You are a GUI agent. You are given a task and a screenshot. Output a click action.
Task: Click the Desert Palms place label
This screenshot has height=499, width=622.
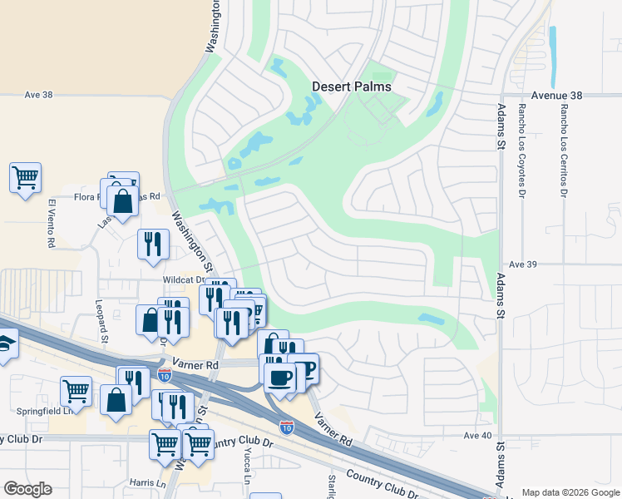[x=351, y=86]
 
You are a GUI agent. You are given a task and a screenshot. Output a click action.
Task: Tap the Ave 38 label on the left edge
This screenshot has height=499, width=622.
[x=38, y=95]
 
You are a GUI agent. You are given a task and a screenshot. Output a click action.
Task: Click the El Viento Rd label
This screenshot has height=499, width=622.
[x=51, y=223]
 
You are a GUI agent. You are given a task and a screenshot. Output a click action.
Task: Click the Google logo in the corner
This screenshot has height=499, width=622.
[x=27, y=489]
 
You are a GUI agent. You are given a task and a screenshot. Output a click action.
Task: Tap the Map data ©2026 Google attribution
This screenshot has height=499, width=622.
[x=570, y=492]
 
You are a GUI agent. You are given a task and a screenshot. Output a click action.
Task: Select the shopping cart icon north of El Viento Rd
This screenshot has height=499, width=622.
[x=25, y=177]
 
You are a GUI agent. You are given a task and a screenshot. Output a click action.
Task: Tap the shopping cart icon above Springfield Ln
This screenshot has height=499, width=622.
[x=75, y=390]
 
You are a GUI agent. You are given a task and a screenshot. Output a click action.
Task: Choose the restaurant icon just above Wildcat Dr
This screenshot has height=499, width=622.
[x=153, y=244]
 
